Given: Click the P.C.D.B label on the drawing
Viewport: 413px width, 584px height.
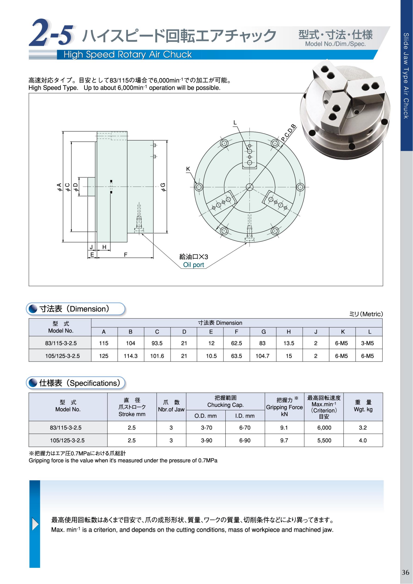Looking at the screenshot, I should coord(289,133).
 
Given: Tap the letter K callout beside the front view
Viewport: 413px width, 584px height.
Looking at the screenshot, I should coord(188,169).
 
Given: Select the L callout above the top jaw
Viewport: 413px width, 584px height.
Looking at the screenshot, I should coord(235,123).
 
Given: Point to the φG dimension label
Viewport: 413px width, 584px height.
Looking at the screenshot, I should coord(163,187).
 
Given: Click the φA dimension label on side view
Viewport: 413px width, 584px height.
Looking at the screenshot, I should coord(59,187).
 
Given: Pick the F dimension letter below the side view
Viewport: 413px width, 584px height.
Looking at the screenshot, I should coord(125,255).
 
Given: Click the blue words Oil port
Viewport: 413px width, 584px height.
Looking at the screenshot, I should coord(193,265).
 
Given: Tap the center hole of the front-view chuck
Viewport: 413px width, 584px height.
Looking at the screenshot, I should coord(249,187).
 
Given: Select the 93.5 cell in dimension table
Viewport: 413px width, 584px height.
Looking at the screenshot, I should coord(157,343).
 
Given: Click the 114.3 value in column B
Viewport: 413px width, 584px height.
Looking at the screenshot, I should coord(130,356).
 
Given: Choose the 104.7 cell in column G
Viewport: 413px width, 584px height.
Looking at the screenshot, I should coord(262,356).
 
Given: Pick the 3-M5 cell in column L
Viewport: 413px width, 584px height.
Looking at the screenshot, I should coord(368,343).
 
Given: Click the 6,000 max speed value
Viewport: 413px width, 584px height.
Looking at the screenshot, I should coord(324,427).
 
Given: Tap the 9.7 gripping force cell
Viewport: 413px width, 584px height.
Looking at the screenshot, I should coord(284,440).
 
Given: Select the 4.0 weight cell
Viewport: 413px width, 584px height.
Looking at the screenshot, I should coord(363,440).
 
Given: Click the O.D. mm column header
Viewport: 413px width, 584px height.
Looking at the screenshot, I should coord(205,416).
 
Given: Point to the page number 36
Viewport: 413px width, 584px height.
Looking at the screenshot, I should coord(406,572).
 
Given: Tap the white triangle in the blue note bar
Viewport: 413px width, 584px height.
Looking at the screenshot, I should coord(35,524).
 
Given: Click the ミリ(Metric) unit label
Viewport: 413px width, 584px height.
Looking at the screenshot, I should coord(366,314).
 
